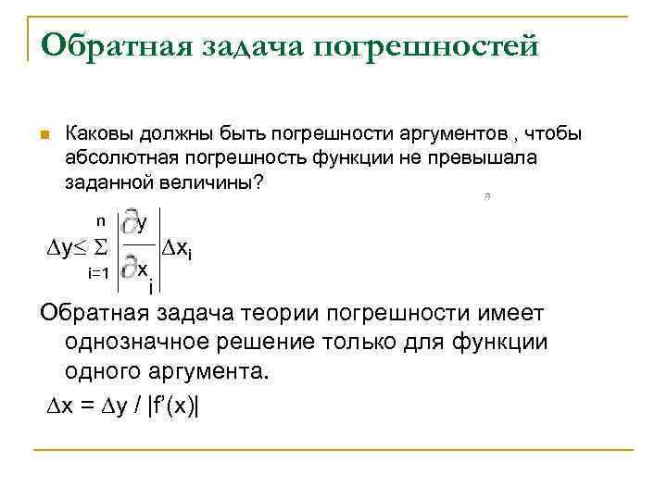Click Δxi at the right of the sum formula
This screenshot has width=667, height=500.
point(177,248)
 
